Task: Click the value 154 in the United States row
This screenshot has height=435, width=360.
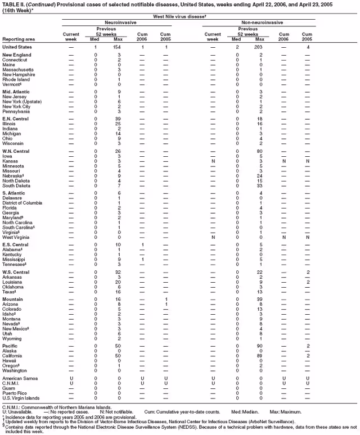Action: coord(118,47)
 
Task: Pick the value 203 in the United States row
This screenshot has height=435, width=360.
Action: coord(259,47)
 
